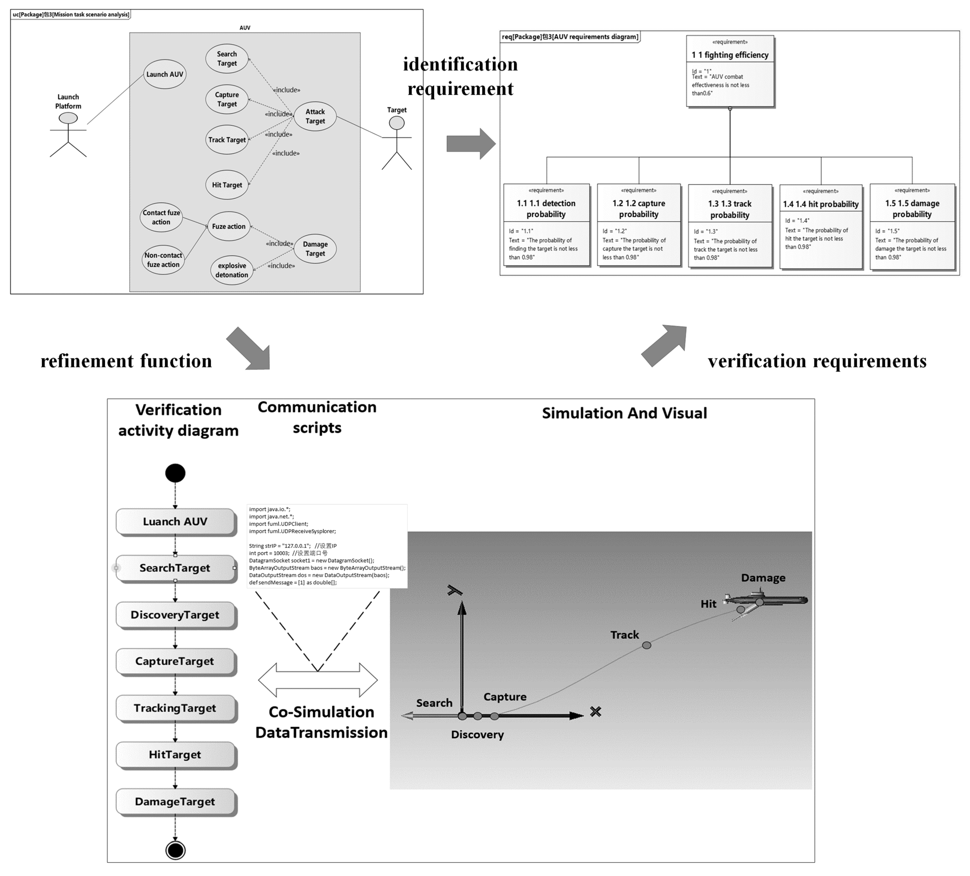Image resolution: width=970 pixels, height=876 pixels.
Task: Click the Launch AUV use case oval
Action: click(165, 74)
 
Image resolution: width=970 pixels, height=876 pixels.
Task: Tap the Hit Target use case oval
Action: click(227, 185)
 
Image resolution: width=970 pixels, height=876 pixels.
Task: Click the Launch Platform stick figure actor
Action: click(68, 135)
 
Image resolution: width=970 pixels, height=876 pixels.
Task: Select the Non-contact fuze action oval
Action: click(163, 260)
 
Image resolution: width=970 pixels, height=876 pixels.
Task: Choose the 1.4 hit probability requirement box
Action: click(820, 226)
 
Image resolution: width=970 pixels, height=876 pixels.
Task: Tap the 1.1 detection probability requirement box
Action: click(546, 225)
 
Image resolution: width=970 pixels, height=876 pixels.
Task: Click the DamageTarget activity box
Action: click(175, 801)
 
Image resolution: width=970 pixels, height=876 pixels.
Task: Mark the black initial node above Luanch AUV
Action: click(175, 473)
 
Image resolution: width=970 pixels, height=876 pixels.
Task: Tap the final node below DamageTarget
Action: click(175, 850)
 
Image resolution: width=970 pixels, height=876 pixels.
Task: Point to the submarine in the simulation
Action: click(767, 600)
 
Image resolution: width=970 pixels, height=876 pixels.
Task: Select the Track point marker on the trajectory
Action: click(647, 645)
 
